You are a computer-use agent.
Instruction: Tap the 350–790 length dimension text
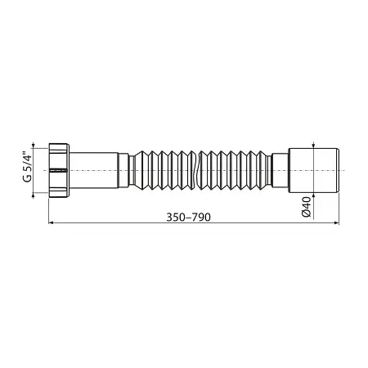pos(188,218)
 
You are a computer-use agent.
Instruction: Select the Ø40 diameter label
pos(307,207)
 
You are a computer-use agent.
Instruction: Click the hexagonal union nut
pos(59,170)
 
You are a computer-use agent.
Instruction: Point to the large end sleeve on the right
pos(313,170)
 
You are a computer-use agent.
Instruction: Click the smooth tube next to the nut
pos(93,170)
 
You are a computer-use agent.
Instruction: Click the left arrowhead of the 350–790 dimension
pos(51,223)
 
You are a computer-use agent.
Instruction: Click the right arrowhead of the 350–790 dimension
pos(337,223)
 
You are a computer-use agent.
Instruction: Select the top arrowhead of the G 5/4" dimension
pos(34,146)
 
